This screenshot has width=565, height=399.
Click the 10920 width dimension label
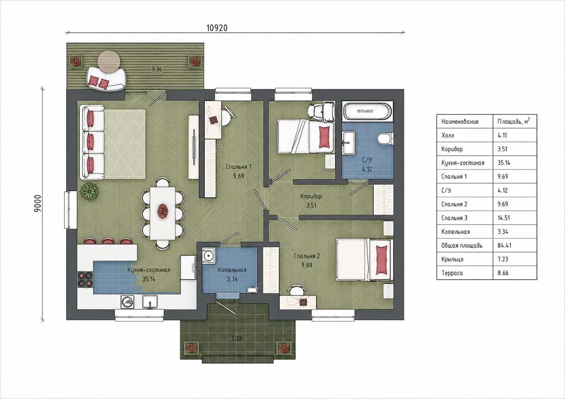[217, 28]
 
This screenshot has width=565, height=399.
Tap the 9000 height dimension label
[38, 203]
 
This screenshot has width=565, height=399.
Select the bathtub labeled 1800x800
[368, 111]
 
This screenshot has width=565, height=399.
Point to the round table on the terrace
[109, 62]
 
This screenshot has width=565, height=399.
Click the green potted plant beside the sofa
[89, 191]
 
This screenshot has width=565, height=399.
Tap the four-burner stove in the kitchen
[85, 279]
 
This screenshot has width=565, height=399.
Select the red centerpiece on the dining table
[163, 211]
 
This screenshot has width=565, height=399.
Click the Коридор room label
[311, 196]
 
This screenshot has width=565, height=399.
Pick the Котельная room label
[232, 270]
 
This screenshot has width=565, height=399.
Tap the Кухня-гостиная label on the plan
[149, 270]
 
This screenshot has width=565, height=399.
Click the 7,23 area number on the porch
[237, 338]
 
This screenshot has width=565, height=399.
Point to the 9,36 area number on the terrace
[157, 69]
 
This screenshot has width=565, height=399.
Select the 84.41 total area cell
[504, 245]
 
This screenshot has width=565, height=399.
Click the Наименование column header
[460, 122]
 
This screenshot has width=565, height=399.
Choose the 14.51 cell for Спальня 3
[504, 218]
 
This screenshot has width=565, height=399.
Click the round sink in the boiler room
[209, 256]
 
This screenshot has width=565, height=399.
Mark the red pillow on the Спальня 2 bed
[382, 260]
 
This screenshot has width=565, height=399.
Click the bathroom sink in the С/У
[348, 142]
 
